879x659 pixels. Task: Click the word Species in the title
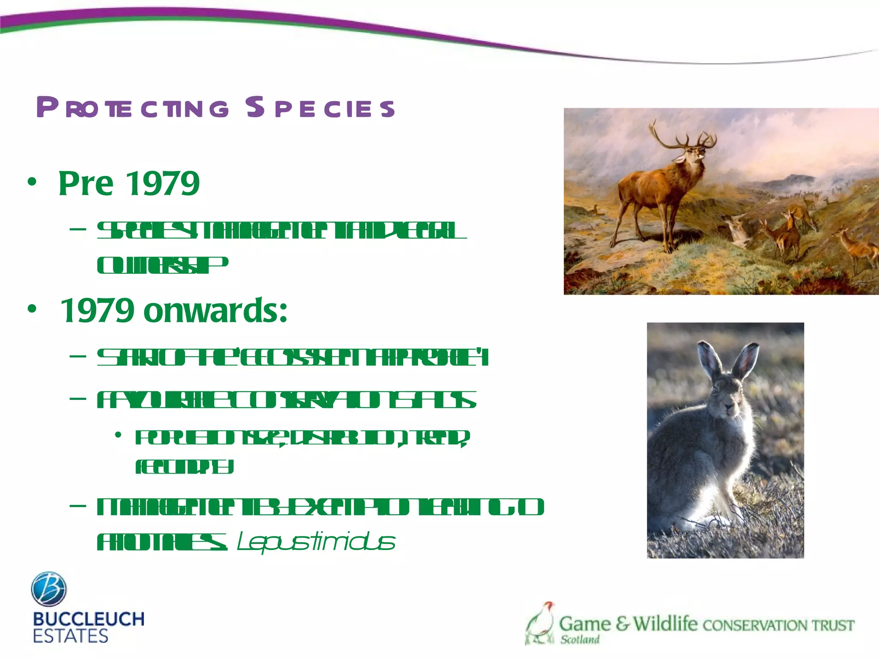(x=320, y=108)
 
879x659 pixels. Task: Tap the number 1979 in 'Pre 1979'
(x=164, y=184)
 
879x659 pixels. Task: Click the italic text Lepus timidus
(x=316, y=542)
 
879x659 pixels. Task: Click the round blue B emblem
(x=49, y=589)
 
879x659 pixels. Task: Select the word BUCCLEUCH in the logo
(x=89, y=619)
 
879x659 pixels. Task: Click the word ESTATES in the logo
(x=70, y=636)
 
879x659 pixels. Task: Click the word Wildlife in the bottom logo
(x=665, y=623)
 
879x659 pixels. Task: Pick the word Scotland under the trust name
(x=579, y=640)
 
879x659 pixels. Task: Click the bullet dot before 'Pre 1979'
(x=32, y=182)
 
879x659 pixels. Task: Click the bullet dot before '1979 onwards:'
(x=32, y=309)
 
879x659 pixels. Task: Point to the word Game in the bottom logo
(x=585, y=623)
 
